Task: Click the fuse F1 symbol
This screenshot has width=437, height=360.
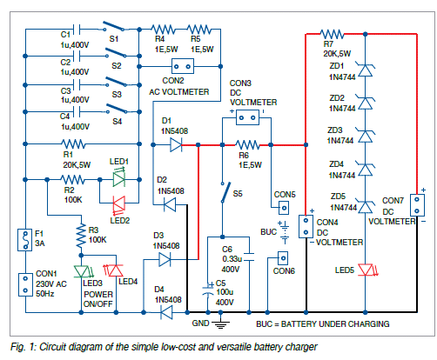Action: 25,240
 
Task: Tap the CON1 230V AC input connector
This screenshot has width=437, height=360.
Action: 25,284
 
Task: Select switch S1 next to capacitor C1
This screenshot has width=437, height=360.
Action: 115,26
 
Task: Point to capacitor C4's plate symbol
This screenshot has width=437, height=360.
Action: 77,111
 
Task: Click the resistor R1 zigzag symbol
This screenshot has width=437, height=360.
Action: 73,143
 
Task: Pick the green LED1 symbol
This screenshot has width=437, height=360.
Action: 119,179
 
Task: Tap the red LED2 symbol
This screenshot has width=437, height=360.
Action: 119,203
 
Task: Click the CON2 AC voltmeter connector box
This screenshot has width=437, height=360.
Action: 183,66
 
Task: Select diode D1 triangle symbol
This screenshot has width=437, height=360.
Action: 176,144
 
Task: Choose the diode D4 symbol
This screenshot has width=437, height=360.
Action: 166,312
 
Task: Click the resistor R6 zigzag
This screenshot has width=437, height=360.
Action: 247,144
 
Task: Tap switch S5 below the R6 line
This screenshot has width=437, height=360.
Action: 225,192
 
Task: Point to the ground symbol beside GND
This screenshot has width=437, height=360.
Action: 220,323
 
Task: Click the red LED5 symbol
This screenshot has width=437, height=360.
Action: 366,270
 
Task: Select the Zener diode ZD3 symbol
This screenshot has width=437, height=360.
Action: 366,136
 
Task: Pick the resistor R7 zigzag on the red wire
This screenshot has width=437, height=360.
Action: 333,34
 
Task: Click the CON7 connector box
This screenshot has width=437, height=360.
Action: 417,205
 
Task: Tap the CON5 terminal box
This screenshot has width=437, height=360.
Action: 284,208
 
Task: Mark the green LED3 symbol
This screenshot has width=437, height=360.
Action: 83,271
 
